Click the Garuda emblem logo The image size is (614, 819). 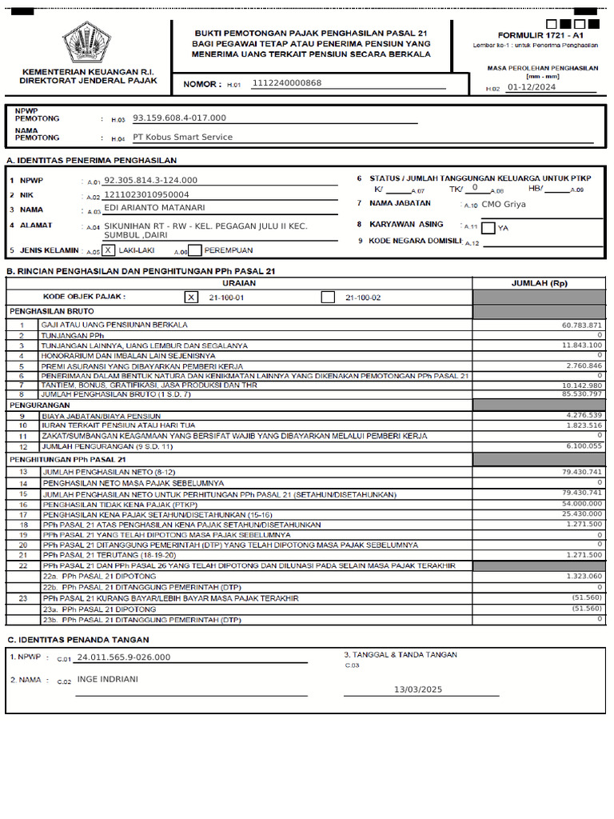[87, 43]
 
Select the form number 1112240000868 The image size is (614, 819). [286, 82]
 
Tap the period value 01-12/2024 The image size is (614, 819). [532, 87]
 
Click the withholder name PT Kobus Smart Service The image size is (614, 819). [182, 137]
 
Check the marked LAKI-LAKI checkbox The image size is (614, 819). [109, 250]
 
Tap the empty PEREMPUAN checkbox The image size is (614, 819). [195, 250]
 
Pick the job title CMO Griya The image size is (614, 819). [504, 204]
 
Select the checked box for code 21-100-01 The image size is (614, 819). [190, 297]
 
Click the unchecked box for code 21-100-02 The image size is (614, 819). [327, 297]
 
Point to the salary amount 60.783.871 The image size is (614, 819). [581, 326]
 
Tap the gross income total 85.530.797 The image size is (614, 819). [581, 394]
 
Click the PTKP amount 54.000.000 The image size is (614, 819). [581, 504]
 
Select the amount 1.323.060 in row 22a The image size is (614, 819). [584, 576]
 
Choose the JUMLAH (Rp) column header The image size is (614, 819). [539, 283]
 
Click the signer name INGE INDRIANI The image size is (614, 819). [107, 679]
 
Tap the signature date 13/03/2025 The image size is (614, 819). [418, 689]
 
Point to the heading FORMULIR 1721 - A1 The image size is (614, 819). [540, 35]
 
